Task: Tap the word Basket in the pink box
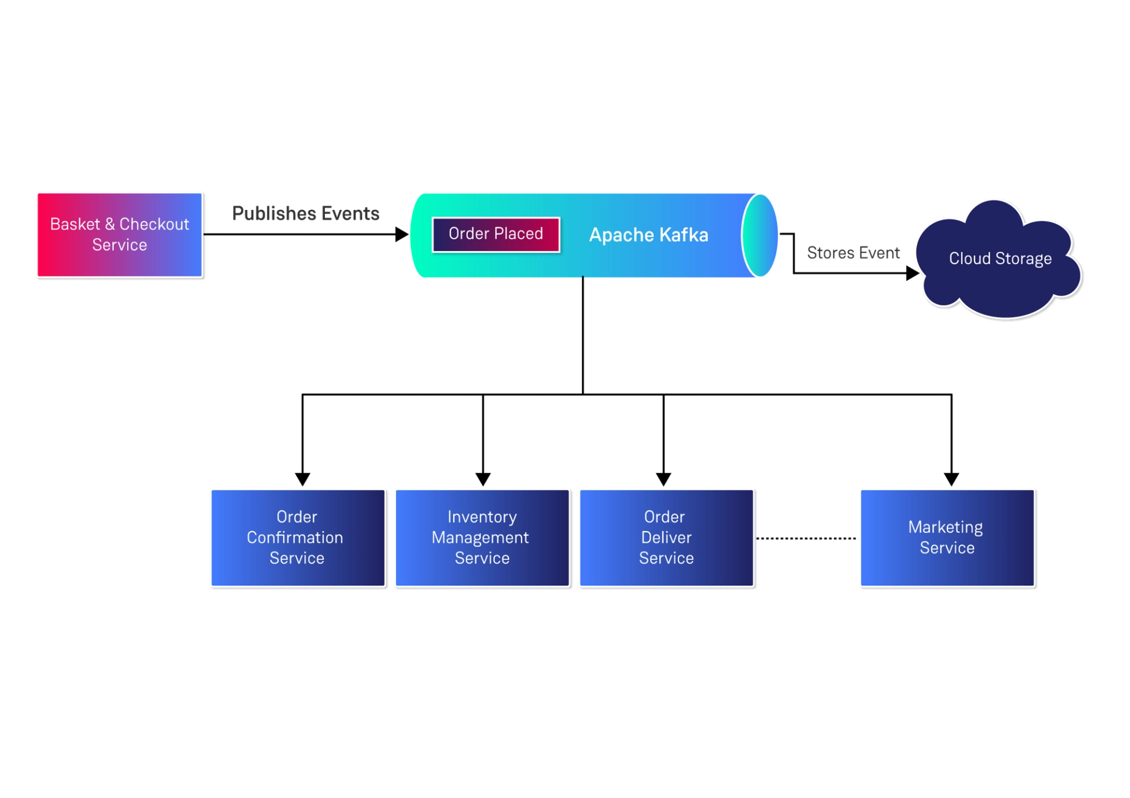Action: pos(75,224)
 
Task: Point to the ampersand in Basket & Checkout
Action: pos(109,224)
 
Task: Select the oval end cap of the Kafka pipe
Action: pos(759,235)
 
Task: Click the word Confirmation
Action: pos(295,537)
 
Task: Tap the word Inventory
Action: pos(482,517)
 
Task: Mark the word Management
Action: pos(480,537)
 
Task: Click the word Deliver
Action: pos(666,537)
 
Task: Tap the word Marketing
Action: pos(945,527)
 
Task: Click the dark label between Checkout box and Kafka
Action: pos(305,213)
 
